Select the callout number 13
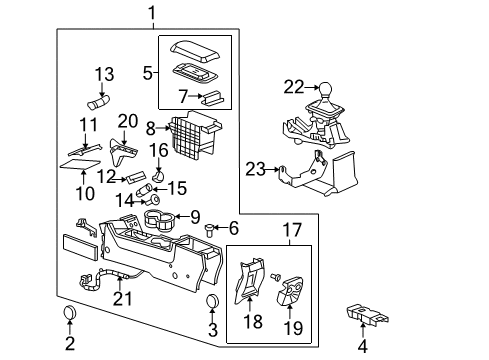(x=105, y=75)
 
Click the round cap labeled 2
(x=69, y=316)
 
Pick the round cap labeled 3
(x=212, y=303)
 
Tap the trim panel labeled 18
(x=248, y=288)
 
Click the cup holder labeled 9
(x=158, y=217)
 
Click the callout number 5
(x=149, y=72)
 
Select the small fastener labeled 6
(x=208, y=229)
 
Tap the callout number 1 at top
(x=152, y=13)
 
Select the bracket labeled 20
(x=125, y=151)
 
